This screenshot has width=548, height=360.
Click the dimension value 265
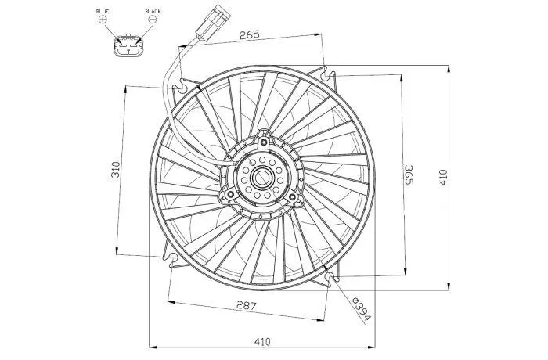[250, 34]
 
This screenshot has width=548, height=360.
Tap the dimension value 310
[115, 169]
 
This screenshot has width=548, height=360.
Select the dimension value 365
[409, 175]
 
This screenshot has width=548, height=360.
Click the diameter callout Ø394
[362, 309]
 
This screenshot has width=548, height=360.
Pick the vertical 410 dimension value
[443, 177]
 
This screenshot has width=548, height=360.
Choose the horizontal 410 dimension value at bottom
[262, 341]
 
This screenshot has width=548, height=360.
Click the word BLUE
[103, 11]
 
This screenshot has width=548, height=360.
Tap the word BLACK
[153, 11]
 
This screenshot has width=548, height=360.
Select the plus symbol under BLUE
[103, 20]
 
